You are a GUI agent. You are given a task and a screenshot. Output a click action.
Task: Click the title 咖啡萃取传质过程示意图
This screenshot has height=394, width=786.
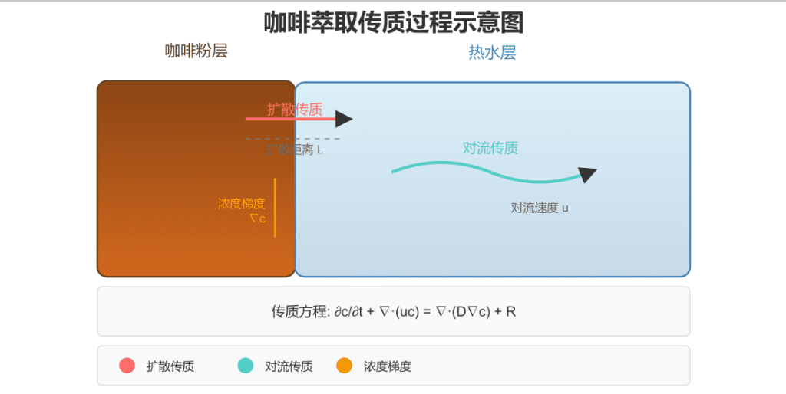pyautogui.click(x=393, y=22)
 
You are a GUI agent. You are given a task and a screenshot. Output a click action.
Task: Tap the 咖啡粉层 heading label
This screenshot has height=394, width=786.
pyautogui.click(x=196, y=51)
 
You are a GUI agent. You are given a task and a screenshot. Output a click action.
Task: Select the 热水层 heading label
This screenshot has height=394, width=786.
pyautogui.click(x=492, y=53)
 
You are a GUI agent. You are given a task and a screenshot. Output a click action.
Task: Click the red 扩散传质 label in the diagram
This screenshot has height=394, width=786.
pyautogui.click(x=295, y=109)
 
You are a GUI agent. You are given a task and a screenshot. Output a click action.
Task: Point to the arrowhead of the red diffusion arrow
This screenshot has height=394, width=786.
pyautogui.click(x=345, y=119)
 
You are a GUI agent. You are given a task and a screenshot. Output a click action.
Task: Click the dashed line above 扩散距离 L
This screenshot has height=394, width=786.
pyautogui.click(x=292, y=139)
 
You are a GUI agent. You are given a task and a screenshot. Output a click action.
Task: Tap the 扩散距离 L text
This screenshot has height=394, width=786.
pyautogui.click(x=296, y=149)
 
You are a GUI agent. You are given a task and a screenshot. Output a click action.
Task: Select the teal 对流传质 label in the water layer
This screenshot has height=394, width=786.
pyautogui.click(x=490, y=148)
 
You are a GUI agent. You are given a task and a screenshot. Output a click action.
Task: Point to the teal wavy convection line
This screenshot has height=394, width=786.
pyautogui.click(x=476, y=169)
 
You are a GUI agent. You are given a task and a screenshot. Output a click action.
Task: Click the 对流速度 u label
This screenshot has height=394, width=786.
pyautogui.click(x=540, y=207)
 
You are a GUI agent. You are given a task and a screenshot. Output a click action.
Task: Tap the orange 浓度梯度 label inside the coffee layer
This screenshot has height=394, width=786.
pyautogui.click(x=241, y=204)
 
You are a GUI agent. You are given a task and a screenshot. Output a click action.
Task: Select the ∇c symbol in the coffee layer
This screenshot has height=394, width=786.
pyautogui.click(x=257, y=218)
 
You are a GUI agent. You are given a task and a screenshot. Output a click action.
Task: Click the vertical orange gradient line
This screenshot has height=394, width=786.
pyautogui.click(x=275, y=207)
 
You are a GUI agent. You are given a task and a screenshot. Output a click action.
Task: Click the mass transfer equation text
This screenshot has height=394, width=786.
pyautogui.click(x=393, y=311)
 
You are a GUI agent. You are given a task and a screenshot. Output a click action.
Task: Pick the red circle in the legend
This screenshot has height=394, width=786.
pyautogui.click(x=127, y=366)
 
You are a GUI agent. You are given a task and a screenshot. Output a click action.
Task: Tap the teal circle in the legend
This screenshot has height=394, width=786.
pyautogui.click(x=246, y=366)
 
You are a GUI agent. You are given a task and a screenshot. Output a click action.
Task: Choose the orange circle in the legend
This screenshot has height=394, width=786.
pyautogui.click(x=345, y=366)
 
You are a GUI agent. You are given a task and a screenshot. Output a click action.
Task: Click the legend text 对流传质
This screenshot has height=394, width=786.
pyautogui.click(x=289, y=366)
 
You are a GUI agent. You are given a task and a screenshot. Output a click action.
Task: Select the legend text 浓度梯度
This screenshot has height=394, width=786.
pyautogui.click(x=388, y=366)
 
